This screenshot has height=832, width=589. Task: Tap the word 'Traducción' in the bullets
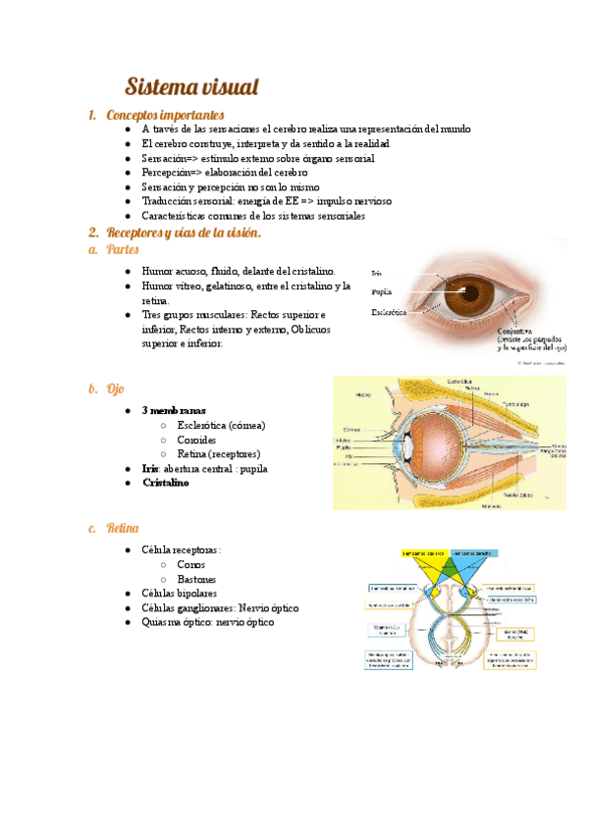[166, 200]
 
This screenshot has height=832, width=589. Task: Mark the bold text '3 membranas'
[174, 410]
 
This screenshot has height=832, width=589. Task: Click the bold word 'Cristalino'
[166, 483]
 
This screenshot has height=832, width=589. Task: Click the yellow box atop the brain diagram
[424, 553]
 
